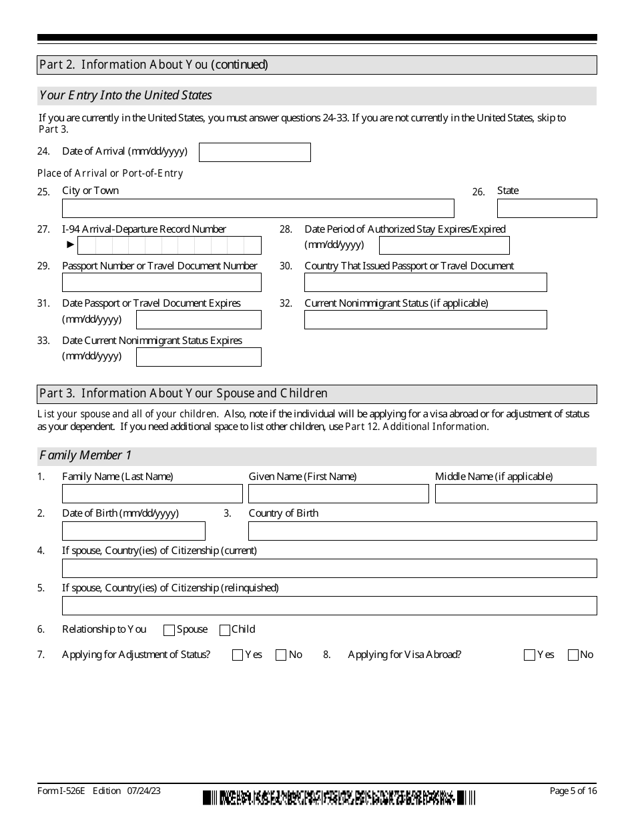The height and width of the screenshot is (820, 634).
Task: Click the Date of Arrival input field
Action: point(254,152)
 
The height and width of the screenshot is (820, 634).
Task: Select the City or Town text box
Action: point(258,209)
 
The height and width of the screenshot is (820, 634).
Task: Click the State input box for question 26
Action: point(547,209)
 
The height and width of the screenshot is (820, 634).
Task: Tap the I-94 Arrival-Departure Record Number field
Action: point(170,245)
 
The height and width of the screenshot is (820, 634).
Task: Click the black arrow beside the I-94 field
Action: point(71,245)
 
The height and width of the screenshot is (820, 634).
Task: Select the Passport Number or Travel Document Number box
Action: point(162,283)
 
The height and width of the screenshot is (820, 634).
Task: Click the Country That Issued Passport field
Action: point(425,283)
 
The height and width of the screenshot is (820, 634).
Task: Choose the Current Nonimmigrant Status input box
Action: point(425,320)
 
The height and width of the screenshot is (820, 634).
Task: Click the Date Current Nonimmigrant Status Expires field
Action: point(198,357)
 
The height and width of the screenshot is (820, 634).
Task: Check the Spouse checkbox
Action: point(169,630)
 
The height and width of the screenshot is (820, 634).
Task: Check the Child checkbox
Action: point(225,630)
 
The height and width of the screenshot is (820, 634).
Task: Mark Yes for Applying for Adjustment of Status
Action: point(238,655)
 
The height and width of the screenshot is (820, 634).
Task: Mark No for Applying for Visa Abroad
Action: point(573,655)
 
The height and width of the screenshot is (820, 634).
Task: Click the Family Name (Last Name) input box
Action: point(152,494)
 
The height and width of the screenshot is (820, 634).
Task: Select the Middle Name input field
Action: point(516,494)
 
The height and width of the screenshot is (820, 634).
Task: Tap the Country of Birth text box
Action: point(422,531)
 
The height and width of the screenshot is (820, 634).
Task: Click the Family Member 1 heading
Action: point(86,456)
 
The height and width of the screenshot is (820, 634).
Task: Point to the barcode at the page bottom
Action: point(339,797)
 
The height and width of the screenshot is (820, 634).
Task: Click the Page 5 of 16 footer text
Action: point(573,791)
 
